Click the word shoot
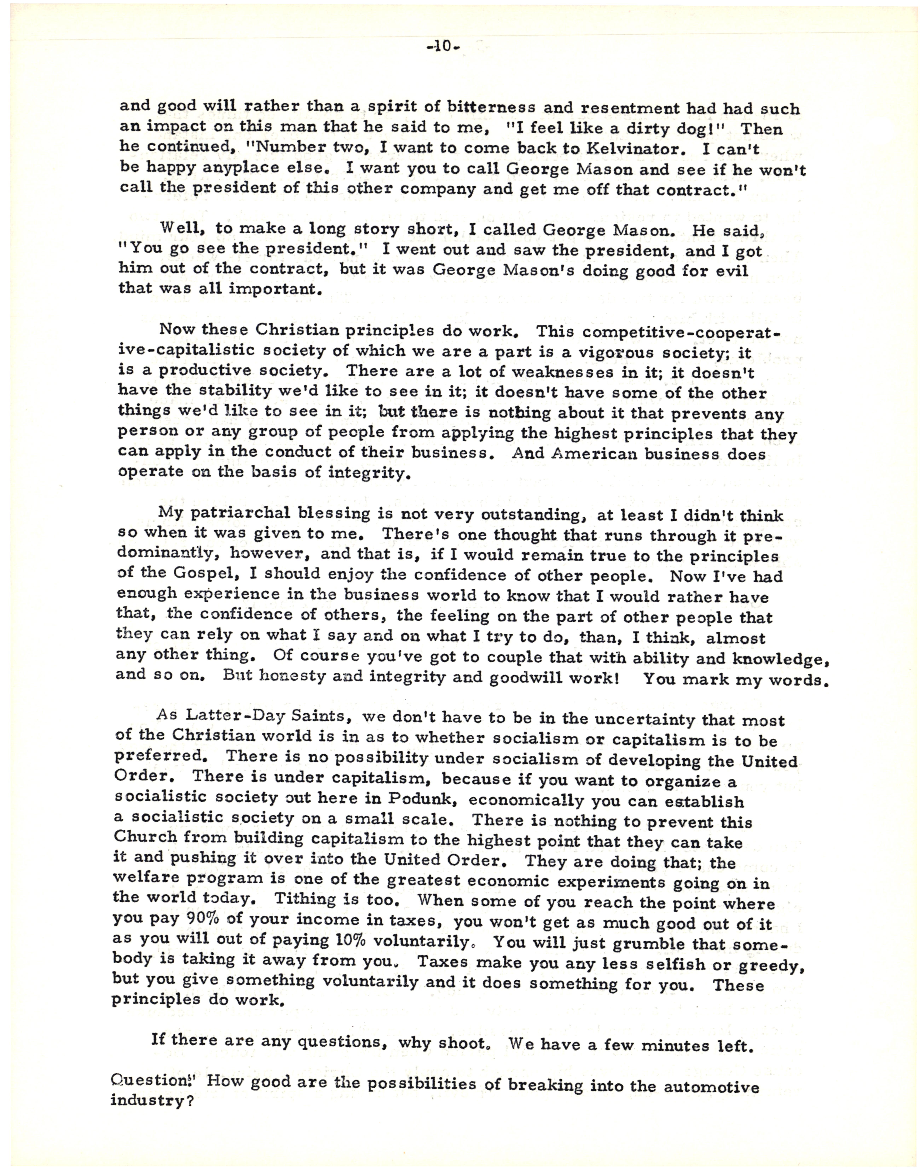462,1042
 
